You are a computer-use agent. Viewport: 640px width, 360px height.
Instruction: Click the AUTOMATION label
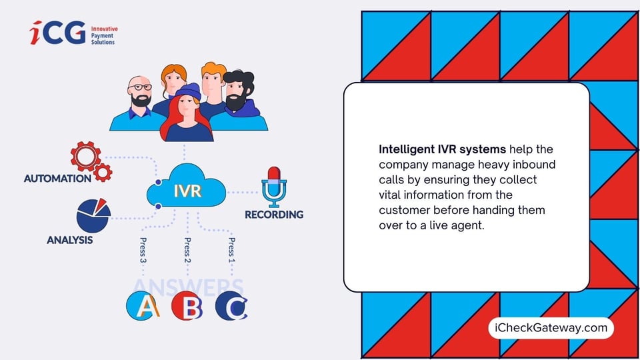click(x=57, y=179)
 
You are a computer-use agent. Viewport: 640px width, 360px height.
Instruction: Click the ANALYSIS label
click(x=69, y=240)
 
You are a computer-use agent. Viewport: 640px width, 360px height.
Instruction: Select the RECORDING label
click(x=273, y=215)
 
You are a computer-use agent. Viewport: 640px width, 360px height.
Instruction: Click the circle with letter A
click(x=143, y=305)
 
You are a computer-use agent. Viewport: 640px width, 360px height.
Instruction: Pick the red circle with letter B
click(x=187, y=305)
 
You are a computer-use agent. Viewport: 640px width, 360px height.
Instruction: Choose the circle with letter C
click(x=231, y=305)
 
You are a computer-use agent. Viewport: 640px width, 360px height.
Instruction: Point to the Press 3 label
click(x=143, y=251)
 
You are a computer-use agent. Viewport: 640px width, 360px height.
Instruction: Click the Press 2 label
click(x=187, y=251)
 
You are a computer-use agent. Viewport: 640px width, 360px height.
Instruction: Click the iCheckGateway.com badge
click(x=551, y=327)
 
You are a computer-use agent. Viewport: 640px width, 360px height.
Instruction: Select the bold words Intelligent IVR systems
click(x=439, y=149)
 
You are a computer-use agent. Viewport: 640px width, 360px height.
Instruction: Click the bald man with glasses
click(x=140, y=103)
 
